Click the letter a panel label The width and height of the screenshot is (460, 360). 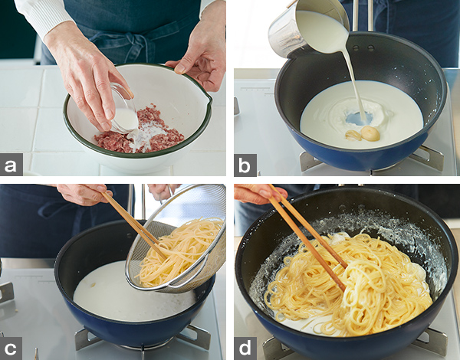[11, 165]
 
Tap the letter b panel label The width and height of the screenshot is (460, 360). [245, 165]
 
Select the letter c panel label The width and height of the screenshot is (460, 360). [11, 349]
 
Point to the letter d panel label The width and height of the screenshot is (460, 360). [245, 349]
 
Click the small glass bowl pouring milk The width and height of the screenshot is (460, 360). [123, 109]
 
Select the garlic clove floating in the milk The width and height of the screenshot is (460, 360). [370, 133]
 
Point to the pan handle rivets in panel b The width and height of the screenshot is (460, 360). [363, 47]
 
